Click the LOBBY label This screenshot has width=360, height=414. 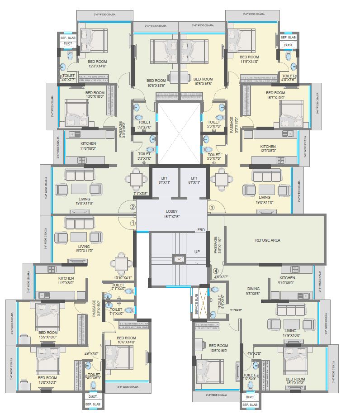172,211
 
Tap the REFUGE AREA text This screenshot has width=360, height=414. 267,240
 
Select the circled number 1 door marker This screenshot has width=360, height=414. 133,223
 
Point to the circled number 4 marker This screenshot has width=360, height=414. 216,271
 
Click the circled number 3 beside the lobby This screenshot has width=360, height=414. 212,208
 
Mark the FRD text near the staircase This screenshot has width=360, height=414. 201,230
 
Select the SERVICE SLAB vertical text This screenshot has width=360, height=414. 197,304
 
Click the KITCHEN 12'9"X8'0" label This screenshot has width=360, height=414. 268,149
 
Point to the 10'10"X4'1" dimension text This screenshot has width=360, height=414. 122,278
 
